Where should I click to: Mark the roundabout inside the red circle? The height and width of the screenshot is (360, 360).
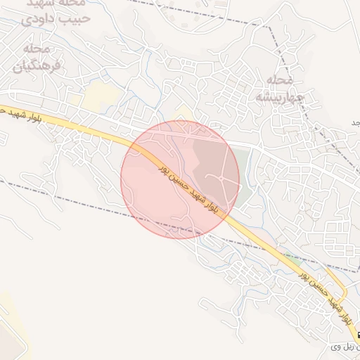pyautogui.click(x=223, y=180)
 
